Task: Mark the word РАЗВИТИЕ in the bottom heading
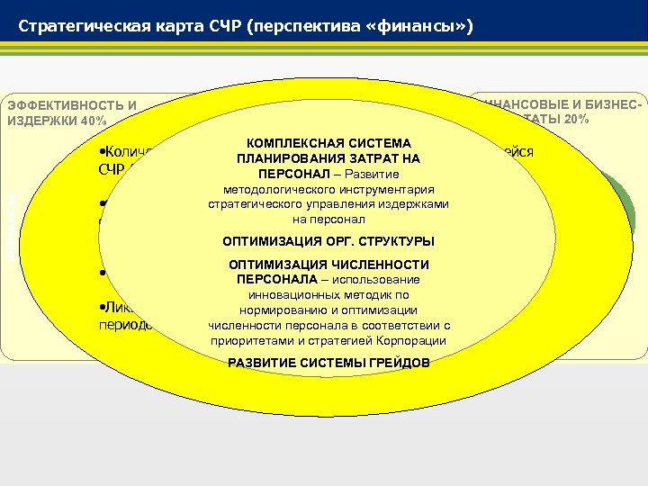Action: click(x=261, y=363)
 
